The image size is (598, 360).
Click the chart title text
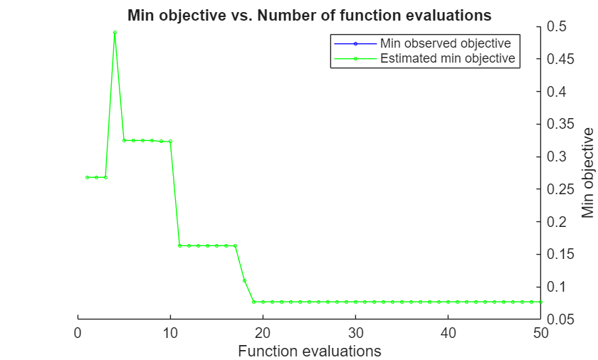[x=309, y=14]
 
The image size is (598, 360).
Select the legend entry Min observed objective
[x=445, y=43]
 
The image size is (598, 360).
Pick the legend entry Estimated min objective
[x=447, y=58]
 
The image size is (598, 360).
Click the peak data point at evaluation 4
[x=115, y=32]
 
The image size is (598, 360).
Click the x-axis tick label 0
[x=78, y=332]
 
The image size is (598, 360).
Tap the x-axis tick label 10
[x=170, y=332]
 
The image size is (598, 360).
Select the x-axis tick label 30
[x=355, y=332]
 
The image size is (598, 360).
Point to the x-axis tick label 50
[x=540, y=332]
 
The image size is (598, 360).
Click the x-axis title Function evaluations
[x=309, y=351]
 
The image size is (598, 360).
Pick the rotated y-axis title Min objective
[x=588, y=173]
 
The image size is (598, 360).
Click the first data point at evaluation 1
[x=87, y=177]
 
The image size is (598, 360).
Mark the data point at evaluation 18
[x=244, y=280]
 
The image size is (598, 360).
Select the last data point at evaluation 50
[x=540, y=302]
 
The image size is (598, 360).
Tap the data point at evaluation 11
[x=179, y=245]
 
